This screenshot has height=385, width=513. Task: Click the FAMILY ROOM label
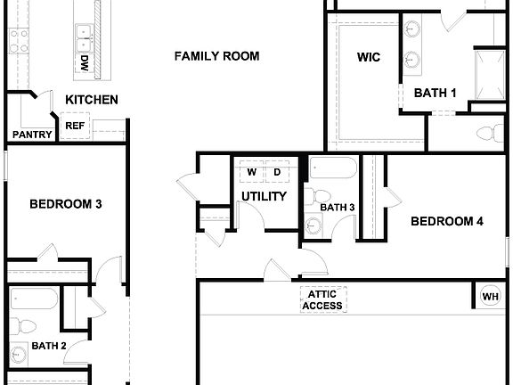(x=216, y=56)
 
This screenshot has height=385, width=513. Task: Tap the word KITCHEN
(x=91, y=100)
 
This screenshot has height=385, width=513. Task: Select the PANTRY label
(x=31, y=135)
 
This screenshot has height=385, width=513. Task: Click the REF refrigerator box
(x=75, y=127)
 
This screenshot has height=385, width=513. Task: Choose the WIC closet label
(x=369, y=58)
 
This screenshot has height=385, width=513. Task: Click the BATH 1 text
(x=435, y=92)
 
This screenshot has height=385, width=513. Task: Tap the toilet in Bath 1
(x=489, y=134)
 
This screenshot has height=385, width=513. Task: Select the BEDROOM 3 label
(x=66, y=204)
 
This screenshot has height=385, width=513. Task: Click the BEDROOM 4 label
(x=446, y=221)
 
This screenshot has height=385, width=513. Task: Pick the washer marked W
(x=251, y=172)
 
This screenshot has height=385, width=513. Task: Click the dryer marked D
(x=277, y=172)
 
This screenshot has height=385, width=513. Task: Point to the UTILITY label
(x=265, y=196)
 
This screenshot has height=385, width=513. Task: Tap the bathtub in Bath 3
(x=333, y=168)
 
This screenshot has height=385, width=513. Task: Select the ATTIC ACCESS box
(x=322, y=300)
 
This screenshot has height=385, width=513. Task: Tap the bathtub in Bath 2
(x=33, y=299)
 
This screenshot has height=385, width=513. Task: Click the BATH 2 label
(x=49, y=346)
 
